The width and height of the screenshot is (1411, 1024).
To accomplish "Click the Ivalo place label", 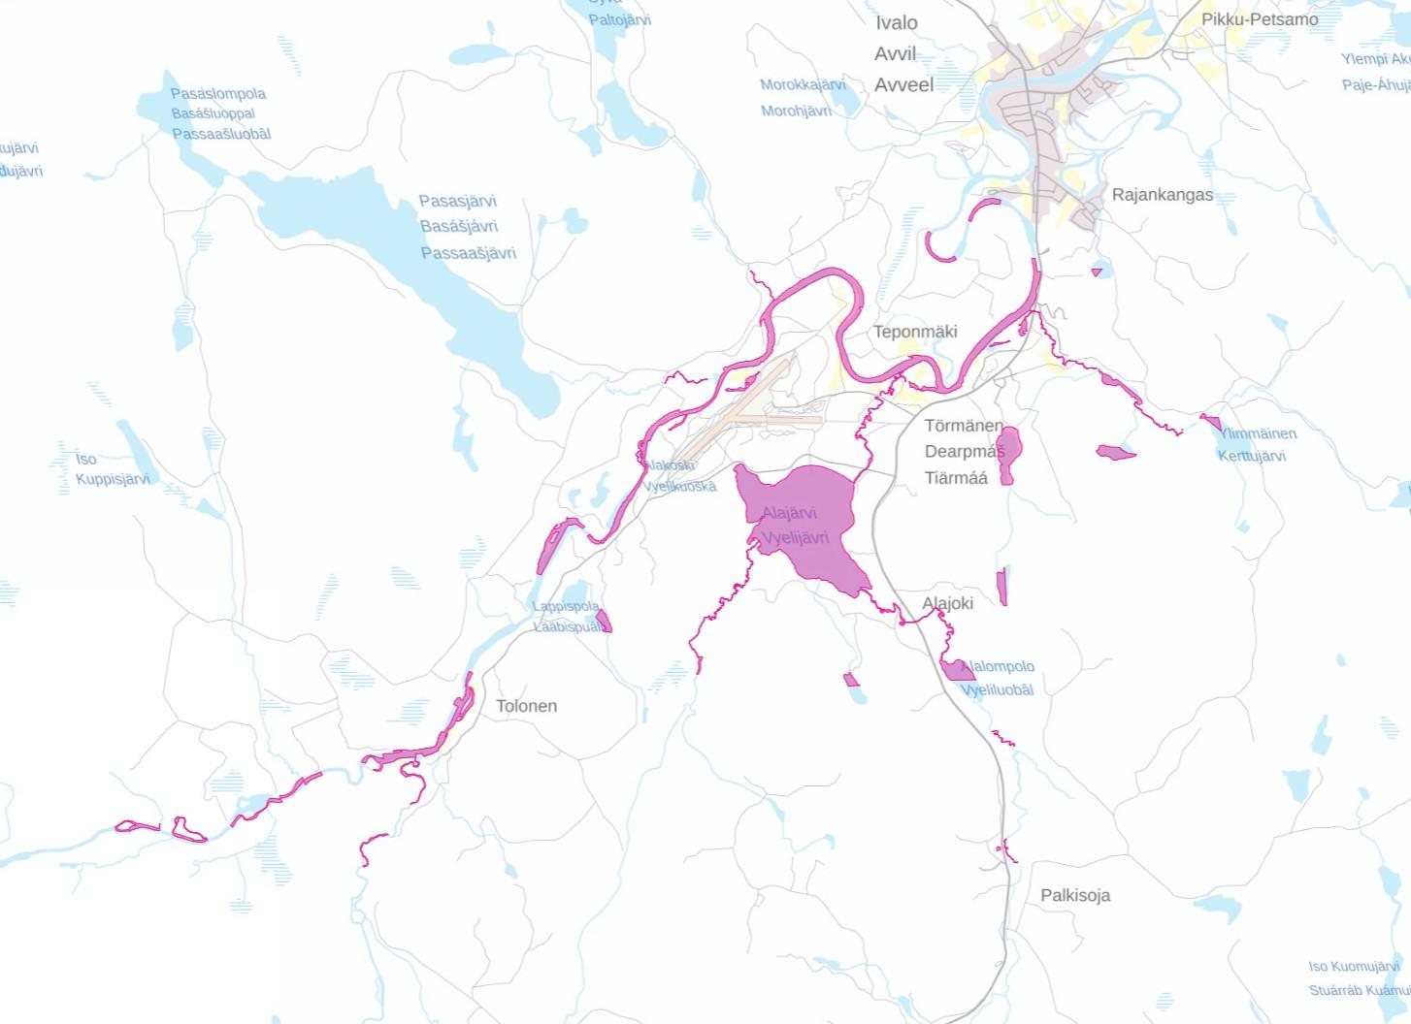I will (896, 23).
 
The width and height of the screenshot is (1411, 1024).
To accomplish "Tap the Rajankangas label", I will (1162, 195).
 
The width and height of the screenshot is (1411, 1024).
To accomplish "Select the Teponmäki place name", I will (915, 332).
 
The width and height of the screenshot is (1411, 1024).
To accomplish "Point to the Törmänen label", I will (964, 426).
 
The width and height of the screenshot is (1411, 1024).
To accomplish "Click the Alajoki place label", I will (947, 603).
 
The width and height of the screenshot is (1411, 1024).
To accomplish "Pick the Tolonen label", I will (526, 706).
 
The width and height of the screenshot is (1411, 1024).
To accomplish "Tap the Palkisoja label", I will (1075, 895).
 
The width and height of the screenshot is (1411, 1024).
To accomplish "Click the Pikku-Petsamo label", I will (1259, 19).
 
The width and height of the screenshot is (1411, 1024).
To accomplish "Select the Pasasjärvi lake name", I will (458, 202).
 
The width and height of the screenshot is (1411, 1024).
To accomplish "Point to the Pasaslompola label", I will (217, 94).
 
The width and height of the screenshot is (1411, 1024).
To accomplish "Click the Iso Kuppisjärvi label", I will (113, 469).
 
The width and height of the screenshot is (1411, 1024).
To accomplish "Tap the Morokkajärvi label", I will (803, 85).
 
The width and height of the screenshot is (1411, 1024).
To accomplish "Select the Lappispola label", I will (566, 606).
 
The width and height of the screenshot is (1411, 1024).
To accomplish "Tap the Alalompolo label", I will (1000, 667).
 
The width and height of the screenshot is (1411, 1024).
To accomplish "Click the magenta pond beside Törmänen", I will (1009, 450).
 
